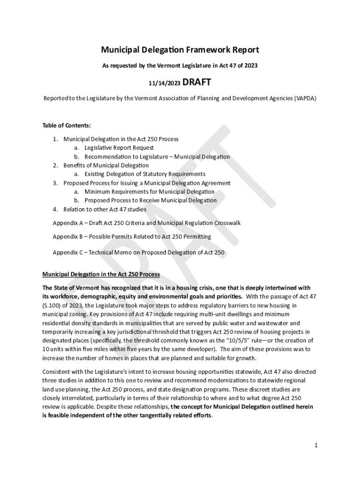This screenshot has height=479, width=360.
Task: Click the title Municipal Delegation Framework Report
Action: click(180, 50)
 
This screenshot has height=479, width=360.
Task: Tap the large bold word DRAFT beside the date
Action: click(196, 83)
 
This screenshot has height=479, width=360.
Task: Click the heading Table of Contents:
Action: click(66, 125)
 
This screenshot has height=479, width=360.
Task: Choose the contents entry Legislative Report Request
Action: click(119, 148)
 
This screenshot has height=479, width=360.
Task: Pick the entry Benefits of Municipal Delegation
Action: click(106, 165)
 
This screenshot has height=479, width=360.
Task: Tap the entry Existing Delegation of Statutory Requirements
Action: click(145, 174)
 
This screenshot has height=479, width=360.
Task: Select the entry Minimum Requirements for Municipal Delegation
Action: click(150, 192)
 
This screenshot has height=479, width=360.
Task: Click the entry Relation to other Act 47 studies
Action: click(105, 209)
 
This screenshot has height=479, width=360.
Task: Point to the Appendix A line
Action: click(146, 223)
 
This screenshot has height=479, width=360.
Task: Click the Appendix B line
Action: click(132, 237)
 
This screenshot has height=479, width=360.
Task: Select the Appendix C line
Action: click(138, 253)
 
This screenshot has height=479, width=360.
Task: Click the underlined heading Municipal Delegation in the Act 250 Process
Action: click(101, 274)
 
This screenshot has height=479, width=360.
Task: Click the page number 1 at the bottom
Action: click(316, 445)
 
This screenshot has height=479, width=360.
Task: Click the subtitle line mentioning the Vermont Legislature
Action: click(180, 66)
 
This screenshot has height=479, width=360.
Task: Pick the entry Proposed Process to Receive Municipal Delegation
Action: click(151, 200)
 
